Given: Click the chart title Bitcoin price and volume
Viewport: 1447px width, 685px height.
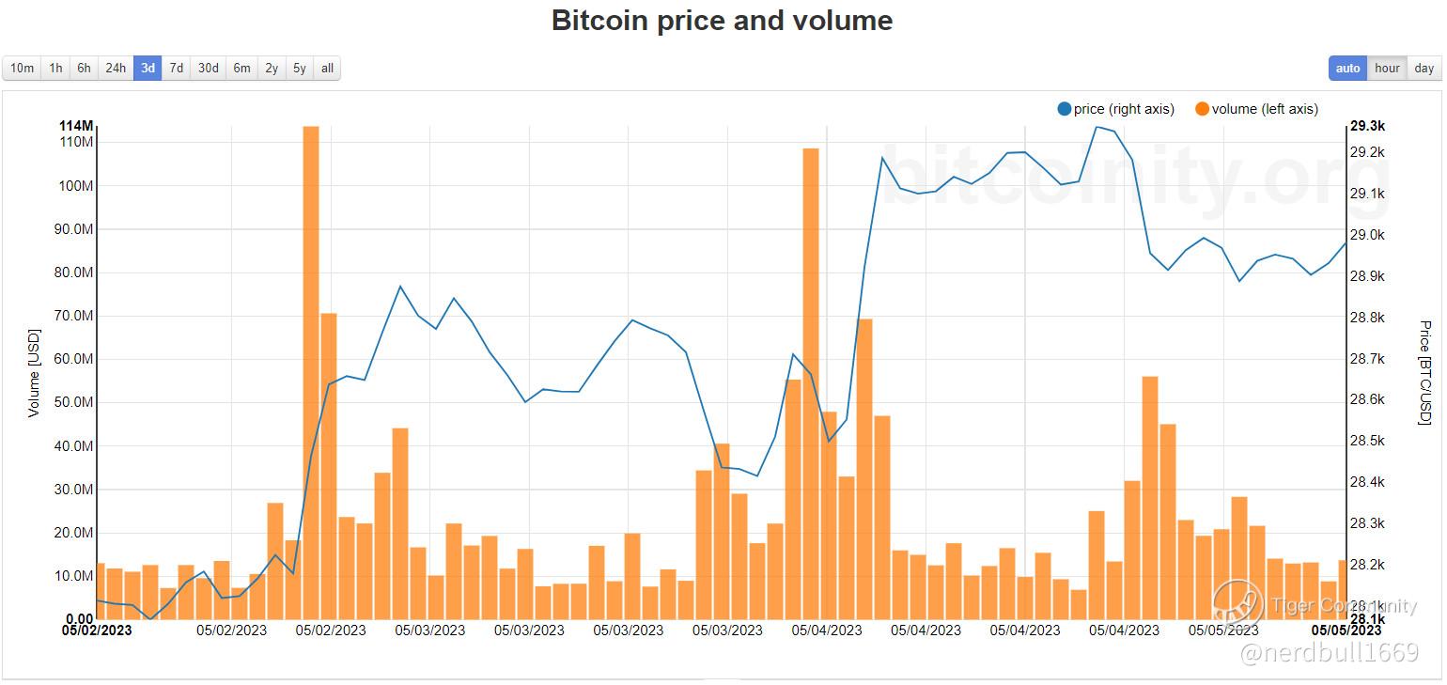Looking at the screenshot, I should tap(722, 20).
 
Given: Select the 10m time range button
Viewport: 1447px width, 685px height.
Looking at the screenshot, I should tap(22, 68).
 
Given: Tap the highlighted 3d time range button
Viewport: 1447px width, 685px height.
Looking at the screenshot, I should tap(148, 68).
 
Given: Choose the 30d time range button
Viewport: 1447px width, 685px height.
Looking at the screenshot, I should tap(208, 68).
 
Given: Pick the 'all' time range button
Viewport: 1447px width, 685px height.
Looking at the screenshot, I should tap(327, 68).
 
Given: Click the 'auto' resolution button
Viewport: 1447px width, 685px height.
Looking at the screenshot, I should tap(1347, 68).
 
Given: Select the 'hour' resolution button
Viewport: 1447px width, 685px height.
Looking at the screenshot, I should tap(1387, 68).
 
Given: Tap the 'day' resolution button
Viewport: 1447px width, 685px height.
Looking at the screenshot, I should tap(1424, 68).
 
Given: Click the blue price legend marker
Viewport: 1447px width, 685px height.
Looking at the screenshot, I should tap(1065, 109).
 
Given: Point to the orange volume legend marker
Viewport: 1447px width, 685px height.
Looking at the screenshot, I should tap(1202, 109).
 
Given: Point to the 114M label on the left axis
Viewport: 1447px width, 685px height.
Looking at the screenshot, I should tap(75, 126).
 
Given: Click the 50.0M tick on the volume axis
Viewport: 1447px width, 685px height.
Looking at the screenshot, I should tap(74, 402).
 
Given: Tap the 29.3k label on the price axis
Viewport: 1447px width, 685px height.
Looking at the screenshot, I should tap(1367, 126).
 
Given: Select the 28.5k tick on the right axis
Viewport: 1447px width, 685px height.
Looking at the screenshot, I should tap(1367, 441).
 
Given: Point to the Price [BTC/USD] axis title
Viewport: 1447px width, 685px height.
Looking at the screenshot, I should tap(1424, 372).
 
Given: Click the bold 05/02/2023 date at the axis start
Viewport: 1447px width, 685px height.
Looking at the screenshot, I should tap(97, 631).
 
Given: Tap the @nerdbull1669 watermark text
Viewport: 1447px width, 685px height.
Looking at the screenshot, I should tap(1330, 653).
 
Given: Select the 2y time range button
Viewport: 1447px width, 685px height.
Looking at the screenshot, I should tap(271, 68).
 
